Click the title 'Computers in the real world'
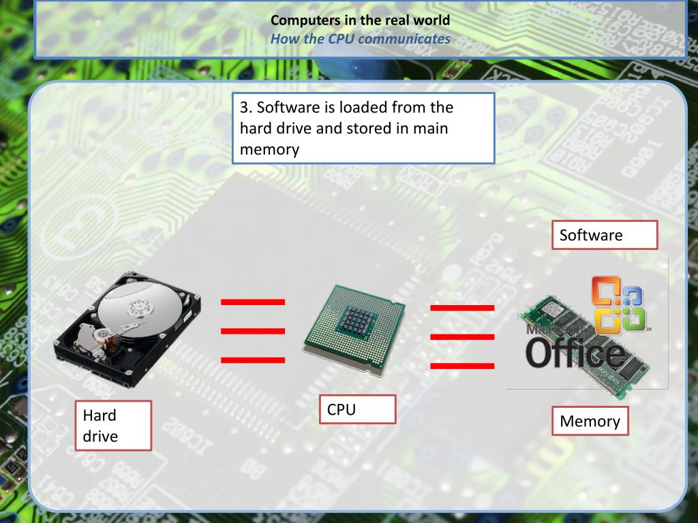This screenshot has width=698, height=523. tap(360, 20)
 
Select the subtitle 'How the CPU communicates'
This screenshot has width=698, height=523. tap(360, 38)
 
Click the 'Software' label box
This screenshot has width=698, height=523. tap(604, 235)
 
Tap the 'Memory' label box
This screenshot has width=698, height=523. tap(590, 421)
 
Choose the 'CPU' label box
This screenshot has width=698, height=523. tap(357, 410)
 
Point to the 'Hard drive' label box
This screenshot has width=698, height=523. tap(112, 426)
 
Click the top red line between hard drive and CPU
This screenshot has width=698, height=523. tap(253, 301)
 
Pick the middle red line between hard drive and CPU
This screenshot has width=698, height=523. tap(253, 331)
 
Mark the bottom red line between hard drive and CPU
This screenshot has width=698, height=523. tap(253, 360)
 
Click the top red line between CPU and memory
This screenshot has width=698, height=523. tap(462, 308)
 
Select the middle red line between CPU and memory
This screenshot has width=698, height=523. tap(462, 336)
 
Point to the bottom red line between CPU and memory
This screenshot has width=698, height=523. tap(462, 366)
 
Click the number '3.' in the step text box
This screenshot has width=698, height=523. tap(246, 108)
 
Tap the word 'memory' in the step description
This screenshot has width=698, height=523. tap(269, 150)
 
